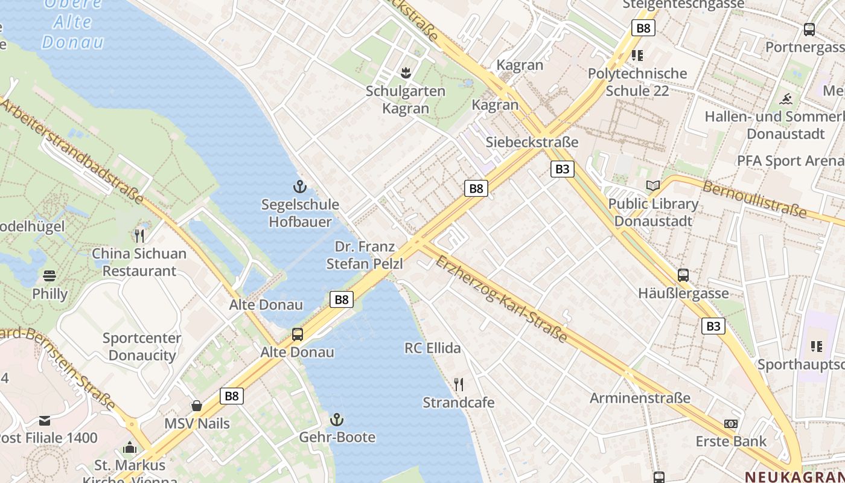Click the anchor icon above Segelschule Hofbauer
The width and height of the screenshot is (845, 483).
point(299,186)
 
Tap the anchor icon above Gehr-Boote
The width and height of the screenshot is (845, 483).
point(337,419)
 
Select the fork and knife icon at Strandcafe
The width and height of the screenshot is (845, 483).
point(459,385)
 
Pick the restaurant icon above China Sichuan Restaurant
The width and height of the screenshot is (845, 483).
point(139,235)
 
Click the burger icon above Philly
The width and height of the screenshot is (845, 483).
point(49,276)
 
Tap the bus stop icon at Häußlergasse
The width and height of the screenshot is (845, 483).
point(683,275)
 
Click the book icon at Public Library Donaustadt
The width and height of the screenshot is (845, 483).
point(653,185)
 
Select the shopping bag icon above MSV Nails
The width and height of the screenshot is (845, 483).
point(197,405)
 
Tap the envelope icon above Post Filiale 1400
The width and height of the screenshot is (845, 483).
point(45,420)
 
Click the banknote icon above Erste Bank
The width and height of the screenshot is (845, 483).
point(731,424)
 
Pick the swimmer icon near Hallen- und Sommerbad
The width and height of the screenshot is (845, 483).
point(786,99)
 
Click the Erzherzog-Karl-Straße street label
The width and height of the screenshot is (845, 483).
point(501,298)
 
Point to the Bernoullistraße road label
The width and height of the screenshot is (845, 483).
point(754,199)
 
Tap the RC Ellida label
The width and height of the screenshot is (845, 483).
point(433,348)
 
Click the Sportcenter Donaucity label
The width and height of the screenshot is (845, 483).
point(142,347)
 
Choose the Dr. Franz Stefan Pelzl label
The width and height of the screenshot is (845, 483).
point(365,255)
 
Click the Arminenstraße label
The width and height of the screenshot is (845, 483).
point(640,398)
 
